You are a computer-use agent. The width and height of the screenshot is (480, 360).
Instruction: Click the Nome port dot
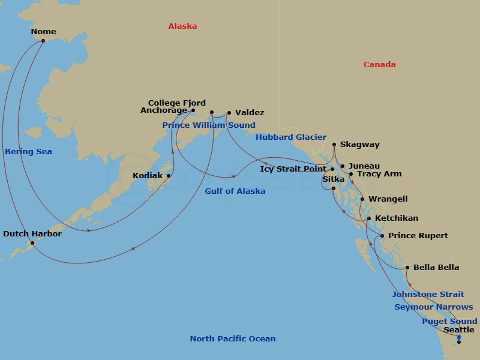[43, 41]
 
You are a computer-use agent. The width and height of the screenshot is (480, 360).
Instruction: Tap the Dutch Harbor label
[32, 234]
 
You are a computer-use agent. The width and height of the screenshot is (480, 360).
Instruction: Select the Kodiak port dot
[169, 176]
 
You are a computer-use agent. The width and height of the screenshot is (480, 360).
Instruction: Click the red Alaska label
[182, 26]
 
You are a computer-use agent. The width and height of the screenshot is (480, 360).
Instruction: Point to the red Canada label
[379, 65]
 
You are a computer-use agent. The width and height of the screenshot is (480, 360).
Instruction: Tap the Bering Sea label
[28, 152]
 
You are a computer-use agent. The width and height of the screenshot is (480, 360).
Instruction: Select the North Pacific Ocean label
[233, 339]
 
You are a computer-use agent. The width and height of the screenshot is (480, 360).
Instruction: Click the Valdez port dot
[229, 112]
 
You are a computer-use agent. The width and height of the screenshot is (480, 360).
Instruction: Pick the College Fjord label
[177, 103]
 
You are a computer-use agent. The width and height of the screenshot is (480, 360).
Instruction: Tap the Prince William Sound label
[208, 125]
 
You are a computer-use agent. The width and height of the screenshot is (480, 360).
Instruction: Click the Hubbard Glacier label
[290, 137]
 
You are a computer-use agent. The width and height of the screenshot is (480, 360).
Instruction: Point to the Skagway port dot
[334, 145]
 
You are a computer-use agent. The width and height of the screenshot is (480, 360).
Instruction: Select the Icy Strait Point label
[293, 169]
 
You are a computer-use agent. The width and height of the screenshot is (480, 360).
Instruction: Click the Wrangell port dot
[362, 199]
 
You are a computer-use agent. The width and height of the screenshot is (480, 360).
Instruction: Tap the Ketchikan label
[397, 218]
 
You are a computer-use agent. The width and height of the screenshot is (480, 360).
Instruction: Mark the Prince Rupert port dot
[382, 236]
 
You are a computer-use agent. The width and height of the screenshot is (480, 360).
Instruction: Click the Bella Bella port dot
[407, 268]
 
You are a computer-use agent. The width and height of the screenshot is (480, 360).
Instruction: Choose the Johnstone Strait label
[428, 295]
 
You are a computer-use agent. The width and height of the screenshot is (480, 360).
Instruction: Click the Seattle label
[458, 330]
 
